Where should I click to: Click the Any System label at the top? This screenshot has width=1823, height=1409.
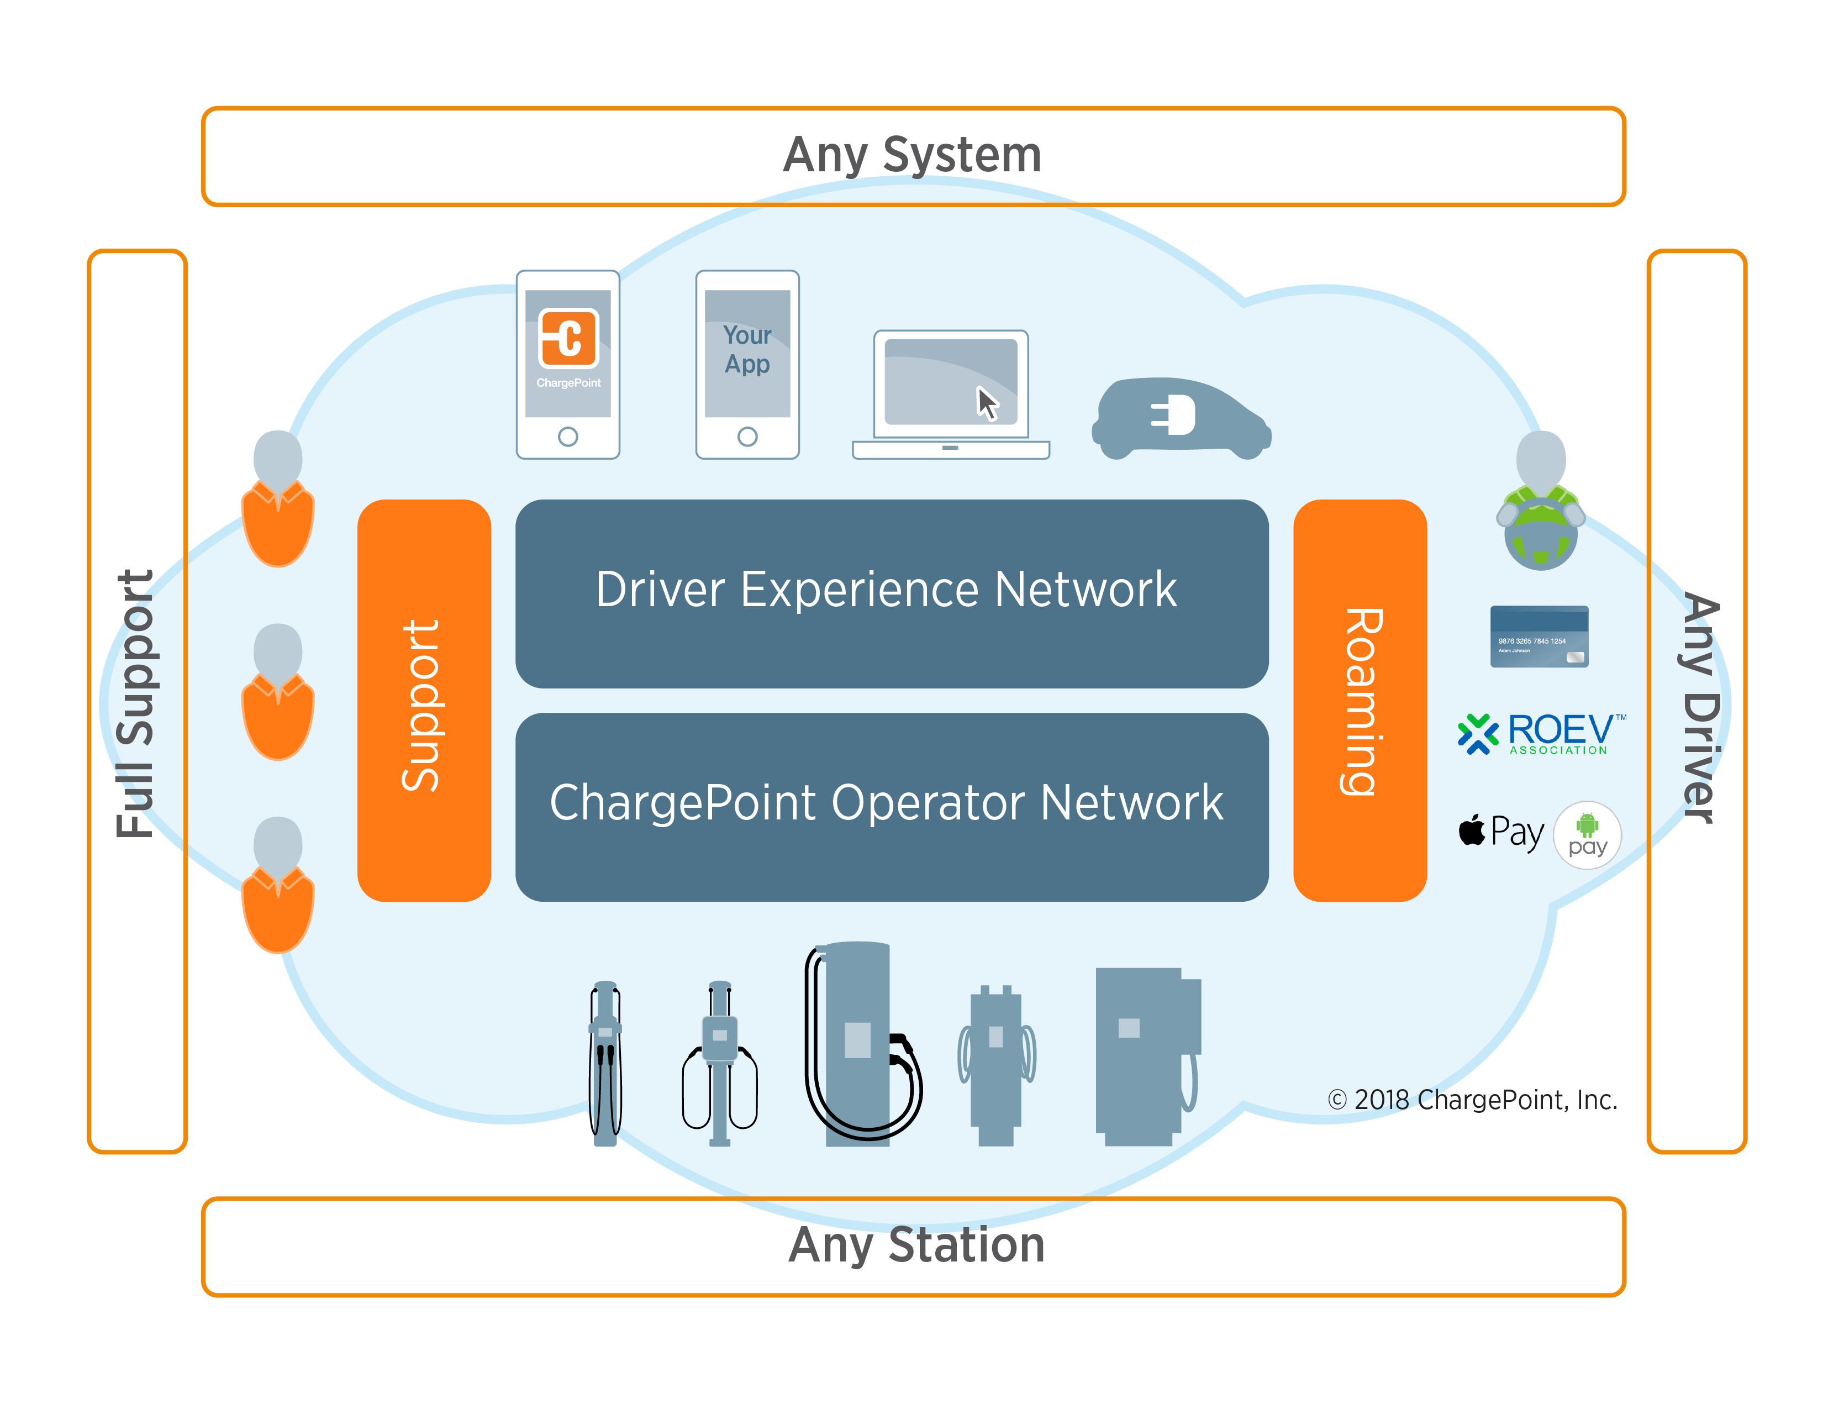(913, 155)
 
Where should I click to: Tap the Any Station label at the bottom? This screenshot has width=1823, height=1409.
(916, 1245)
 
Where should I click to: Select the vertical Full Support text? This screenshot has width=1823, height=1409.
(135, 703)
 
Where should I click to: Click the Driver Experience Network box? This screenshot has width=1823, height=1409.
(892, 593)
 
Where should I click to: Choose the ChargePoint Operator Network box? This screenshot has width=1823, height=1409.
(892, 806)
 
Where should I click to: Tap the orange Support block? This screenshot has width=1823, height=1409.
(424, 701)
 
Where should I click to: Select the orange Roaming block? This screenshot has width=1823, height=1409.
(1359, 701)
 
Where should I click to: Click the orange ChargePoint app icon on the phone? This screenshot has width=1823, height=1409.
(568, 338)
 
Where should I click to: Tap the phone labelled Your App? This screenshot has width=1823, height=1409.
(747, 364)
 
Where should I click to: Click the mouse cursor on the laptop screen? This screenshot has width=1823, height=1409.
(988, 403)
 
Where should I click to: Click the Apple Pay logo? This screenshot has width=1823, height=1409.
(1501, 832)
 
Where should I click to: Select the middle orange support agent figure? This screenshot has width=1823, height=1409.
(278, 693)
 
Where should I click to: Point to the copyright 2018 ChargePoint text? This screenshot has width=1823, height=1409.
(1472, 1100)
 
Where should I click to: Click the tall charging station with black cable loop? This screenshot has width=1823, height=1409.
(860, 1043)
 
